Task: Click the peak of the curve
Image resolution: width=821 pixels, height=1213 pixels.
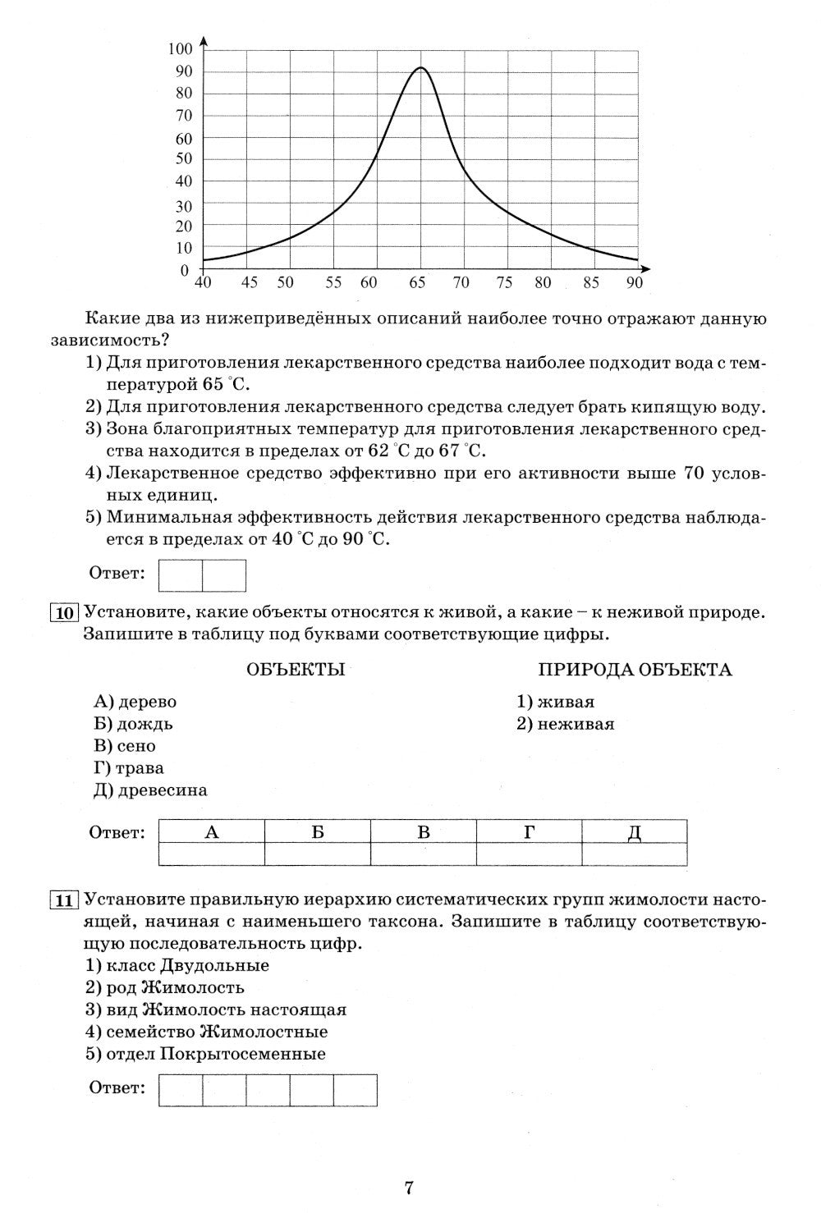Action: pyautogui.click(x=420, y=68)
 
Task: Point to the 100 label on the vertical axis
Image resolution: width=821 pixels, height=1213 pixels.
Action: pyautogui.click(x=180, y=48)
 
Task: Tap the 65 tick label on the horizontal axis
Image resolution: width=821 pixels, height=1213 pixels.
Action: pyautogui.click(x=418, y=283)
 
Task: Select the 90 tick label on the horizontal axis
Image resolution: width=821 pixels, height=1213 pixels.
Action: pyautogui.click(x=634, y=283)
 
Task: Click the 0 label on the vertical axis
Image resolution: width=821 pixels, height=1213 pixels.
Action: pyautogui.click(x=185, y=270)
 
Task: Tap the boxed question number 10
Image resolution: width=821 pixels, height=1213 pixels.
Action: pyautogui.click(x=64, y=613)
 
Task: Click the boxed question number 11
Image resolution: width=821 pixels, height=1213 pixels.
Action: pyautogui.click(x=64, y=899)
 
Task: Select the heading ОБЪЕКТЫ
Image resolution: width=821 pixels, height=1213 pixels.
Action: pyautogui.click(x=296, y=670)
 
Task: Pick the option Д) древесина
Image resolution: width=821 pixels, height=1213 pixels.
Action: pyautogui.click(x=150, y=790)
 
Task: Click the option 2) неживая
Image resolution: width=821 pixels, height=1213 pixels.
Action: pyautogui.click(x=565, y=724)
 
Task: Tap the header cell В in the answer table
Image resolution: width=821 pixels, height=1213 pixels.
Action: pyautogui.click(x=424, y=832)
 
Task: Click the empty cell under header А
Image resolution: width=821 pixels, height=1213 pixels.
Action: pyautogui.click(x=212, y=854)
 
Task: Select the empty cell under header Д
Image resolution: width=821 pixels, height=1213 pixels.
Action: pyautogui.click(x=634, y=854)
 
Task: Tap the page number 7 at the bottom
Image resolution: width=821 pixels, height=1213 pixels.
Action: pyautogui.click(x=409, y=1187)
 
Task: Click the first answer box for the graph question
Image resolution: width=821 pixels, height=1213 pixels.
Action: pyautogui.click(x=181, y=575)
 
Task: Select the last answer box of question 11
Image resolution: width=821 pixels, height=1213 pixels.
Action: pyautogui.click(x=355, y=1090)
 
